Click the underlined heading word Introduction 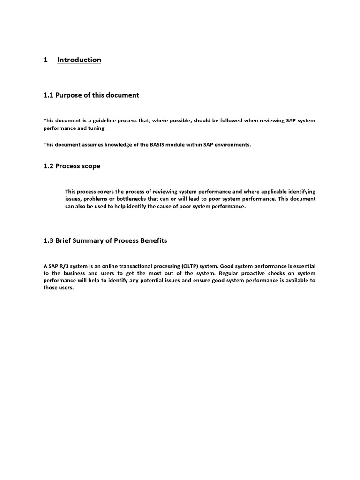(x=79, y=60)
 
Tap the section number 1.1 (x=48, y=95)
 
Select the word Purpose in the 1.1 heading (x=68, y=95)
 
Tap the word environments (x=232, y=144)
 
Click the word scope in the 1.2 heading (x=90, y=166)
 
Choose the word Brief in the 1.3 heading (x=65, y=240)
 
